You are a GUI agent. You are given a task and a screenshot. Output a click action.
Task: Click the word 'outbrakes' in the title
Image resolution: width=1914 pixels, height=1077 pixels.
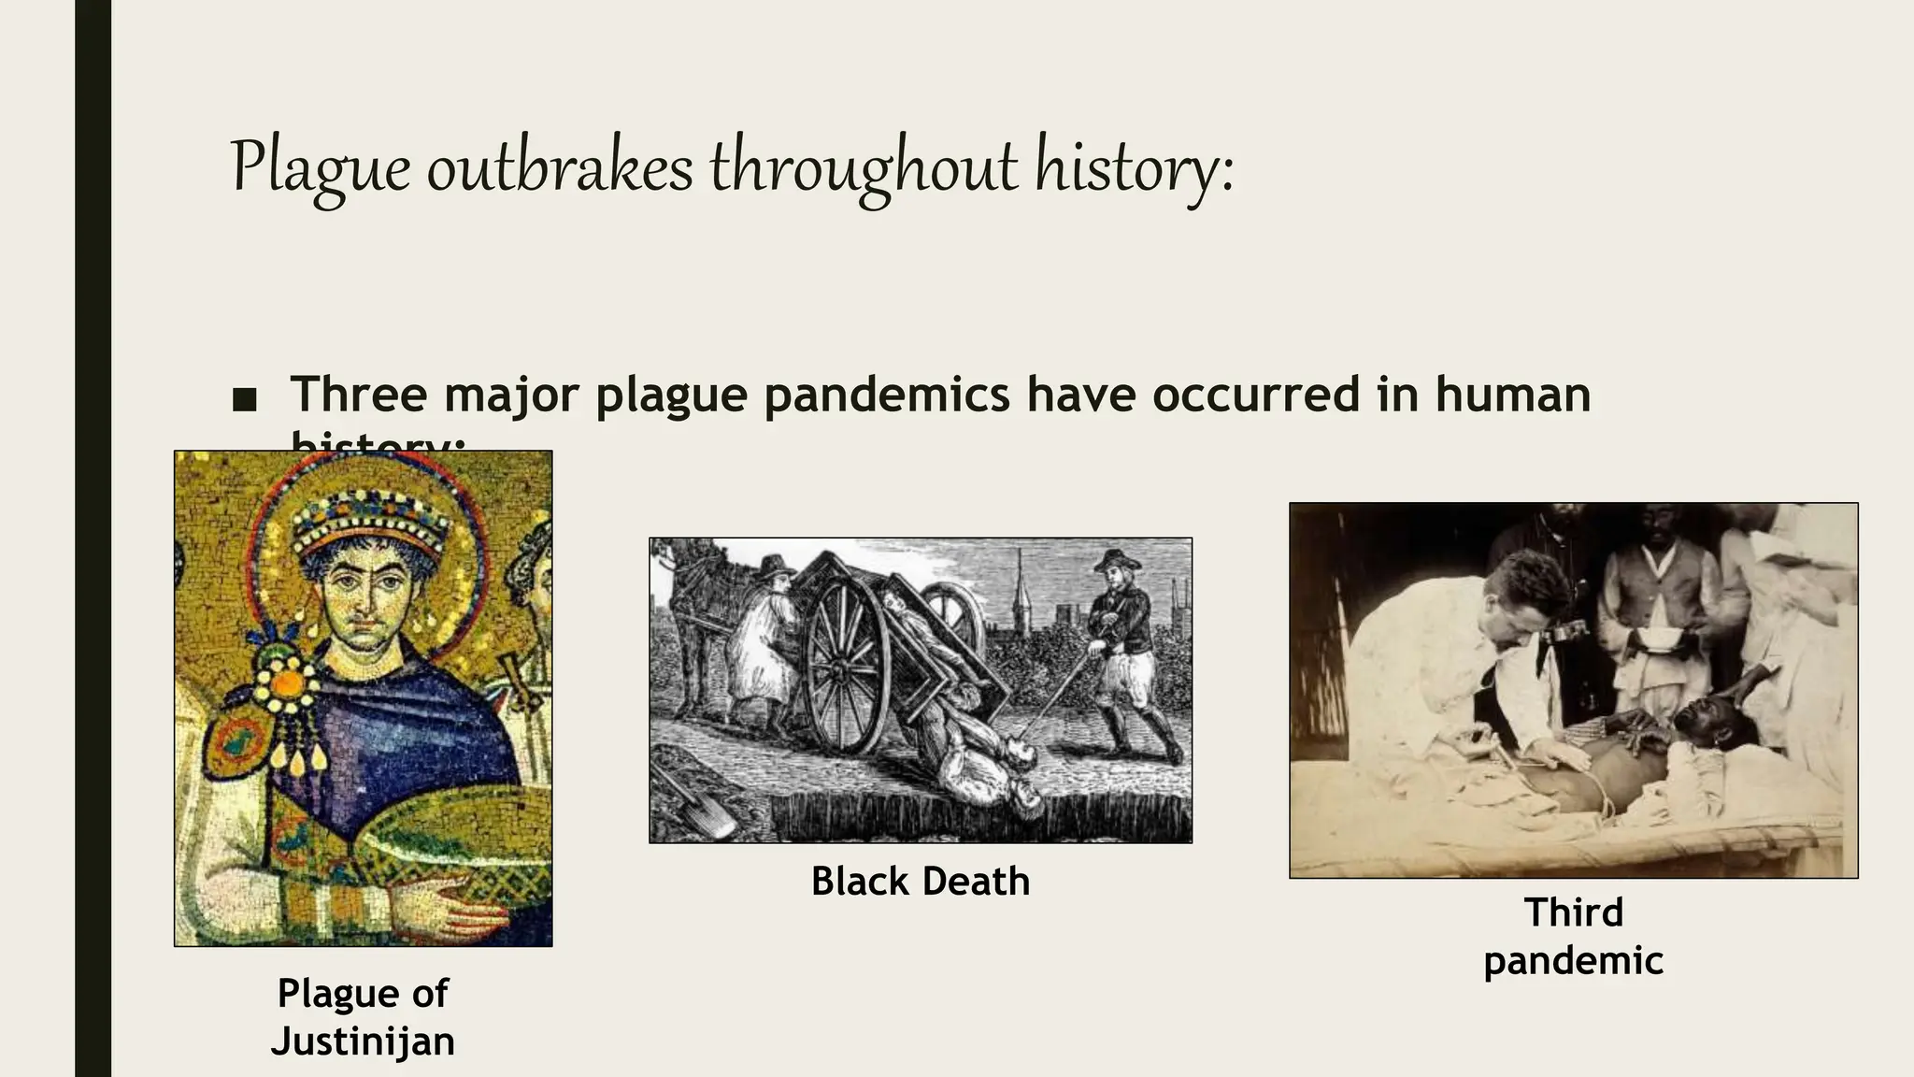(560, 169)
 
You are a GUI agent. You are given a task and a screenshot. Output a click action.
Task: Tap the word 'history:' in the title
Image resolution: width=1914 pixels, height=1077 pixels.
(1134, 169)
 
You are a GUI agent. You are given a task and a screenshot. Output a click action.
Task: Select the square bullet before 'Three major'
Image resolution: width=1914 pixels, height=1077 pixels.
(244, 400)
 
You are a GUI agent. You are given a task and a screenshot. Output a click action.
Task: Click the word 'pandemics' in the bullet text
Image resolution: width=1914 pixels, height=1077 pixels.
(886, 394)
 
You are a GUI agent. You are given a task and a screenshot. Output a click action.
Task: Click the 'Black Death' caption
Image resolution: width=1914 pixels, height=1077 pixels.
(920, 882)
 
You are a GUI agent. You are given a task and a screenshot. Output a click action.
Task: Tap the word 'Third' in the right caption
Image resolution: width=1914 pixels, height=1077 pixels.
(1573, 912)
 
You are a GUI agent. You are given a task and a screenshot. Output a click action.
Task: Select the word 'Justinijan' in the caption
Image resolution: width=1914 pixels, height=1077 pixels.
(363, 1041)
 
